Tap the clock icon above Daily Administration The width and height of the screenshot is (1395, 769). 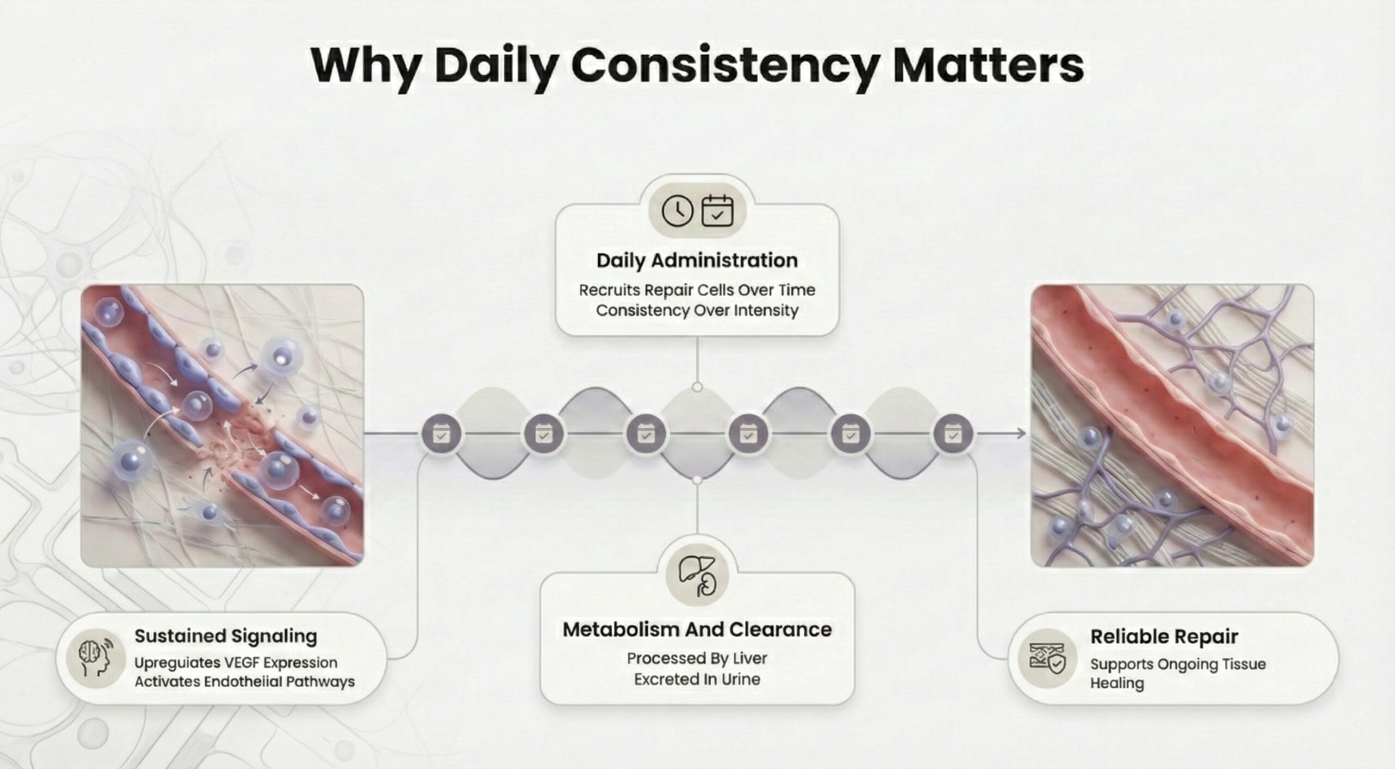(x=677, y=211)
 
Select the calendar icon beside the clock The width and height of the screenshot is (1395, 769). (x=717, y=210)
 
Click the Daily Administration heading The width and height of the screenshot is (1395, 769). (x=697, y=260)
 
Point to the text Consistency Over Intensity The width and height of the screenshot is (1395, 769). (x=697, y=310)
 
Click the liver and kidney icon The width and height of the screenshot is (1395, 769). (x=697, y=576)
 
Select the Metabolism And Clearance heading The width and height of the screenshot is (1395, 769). (x=697, y=630)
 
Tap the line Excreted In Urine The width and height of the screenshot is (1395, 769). (x=697, y=679)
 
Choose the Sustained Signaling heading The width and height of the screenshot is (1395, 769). (x=226, y=636)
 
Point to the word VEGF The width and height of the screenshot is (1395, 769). (x=241, y=663)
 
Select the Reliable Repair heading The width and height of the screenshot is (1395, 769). (x=1164, y=636)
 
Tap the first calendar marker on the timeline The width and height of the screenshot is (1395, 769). (x=441, y=434)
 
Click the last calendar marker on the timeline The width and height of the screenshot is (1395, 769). (x=953, y=434)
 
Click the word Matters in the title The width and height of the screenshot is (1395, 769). (x=988, y=65)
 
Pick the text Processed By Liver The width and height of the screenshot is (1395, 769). (x=697, y=659)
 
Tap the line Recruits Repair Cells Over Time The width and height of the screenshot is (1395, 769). (x=697, y=290)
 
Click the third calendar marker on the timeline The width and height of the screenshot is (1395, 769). (x=646, y=434)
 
